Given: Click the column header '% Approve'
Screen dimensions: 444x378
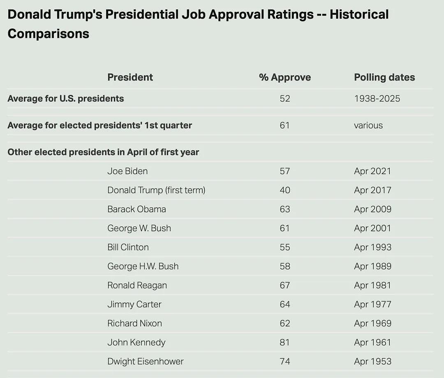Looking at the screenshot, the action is [285, 77].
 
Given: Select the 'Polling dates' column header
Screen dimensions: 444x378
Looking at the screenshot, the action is [384, 77].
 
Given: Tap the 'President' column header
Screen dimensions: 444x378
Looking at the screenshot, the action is [130, 77].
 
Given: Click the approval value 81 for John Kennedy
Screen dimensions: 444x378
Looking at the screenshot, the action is [285, 342].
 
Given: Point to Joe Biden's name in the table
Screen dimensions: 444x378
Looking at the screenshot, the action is [127, 171].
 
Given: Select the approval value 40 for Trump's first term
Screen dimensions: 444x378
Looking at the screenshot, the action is [285, 190].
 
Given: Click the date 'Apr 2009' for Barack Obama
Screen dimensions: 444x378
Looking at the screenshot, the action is [372, 209].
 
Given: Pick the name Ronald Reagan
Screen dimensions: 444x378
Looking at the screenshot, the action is [137, 285].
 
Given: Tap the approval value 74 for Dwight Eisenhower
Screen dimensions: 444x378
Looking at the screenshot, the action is [285, 361].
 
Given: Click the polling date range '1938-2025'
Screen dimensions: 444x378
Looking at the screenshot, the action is [377, 99].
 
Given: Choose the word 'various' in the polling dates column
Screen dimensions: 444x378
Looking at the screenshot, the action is [368, 125].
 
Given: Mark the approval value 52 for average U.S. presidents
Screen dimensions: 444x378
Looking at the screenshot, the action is [285, 99].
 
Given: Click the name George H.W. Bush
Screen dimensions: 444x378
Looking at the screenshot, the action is [143, 266].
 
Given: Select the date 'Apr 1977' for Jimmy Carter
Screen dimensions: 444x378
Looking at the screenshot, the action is [372, 304].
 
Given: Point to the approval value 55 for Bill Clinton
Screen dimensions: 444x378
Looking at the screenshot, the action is [285, 247].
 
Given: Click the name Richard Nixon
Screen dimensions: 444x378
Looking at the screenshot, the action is [134, 323].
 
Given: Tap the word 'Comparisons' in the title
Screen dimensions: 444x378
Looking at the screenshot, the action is [49, 34].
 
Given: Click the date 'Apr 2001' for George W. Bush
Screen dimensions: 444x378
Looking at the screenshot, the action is [372, 228].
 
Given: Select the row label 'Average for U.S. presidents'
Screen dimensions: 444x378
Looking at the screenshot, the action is [66, 99].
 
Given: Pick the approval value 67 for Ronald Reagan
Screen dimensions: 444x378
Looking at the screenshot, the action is [285, 285].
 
